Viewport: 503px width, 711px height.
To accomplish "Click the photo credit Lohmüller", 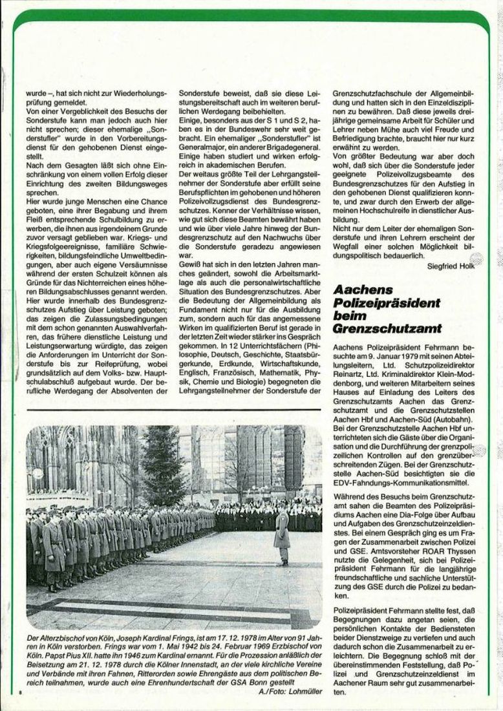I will pos(301,693).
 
